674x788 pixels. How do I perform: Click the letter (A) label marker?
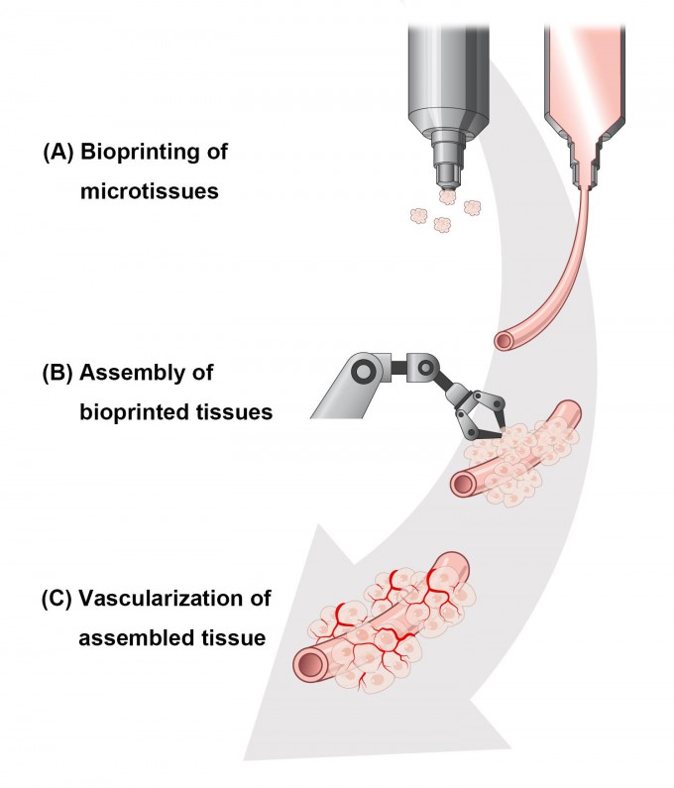click(57, 155)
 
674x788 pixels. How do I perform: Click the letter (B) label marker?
click(57, 375)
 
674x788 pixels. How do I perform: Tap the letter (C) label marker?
click(57, 601)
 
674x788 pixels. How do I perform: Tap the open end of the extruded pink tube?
click(506, 342)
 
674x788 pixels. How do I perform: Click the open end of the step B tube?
click(461, 484)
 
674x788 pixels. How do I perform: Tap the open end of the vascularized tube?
click(308, 663)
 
